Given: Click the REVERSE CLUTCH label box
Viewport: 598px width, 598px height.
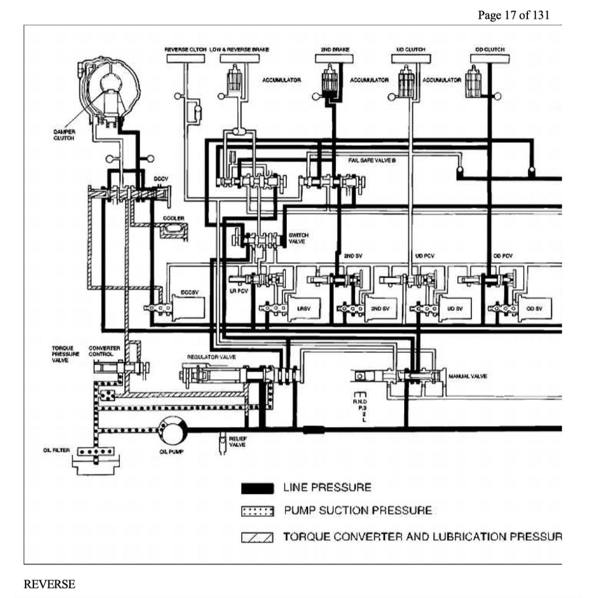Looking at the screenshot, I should [186, 58].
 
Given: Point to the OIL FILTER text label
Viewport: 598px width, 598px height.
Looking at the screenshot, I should [57, 450].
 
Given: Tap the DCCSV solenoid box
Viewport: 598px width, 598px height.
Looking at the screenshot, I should [189, 307].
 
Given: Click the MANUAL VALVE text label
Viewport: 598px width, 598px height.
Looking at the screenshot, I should [467, 376].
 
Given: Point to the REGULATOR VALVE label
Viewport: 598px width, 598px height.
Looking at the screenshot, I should [203, 356].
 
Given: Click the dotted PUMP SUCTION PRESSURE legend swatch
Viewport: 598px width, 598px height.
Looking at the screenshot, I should [258, 512].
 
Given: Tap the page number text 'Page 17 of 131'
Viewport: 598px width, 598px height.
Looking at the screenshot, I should [513, 15].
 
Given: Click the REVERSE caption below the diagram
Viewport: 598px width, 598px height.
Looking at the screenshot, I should [49, 584].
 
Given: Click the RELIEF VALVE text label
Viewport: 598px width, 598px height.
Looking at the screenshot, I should [237, 441].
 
